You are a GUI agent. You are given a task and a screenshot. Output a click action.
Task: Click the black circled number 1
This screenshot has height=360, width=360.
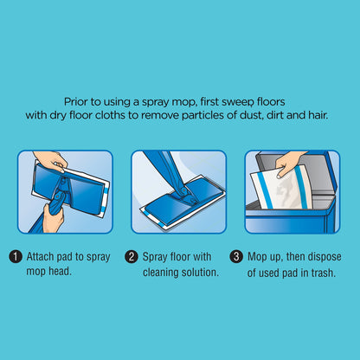[x=16, y=257]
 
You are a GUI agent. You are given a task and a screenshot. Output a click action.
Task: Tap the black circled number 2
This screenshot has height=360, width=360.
[x=132, y=257]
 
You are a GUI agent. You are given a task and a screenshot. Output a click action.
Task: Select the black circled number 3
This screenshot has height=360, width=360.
[x=236, y=257]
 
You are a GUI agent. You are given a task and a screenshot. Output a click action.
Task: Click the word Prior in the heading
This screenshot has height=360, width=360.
[x=74, y=102]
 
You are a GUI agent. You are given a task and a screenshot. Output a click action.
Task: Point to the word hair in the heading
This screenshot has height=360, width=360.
[x=318, y=115]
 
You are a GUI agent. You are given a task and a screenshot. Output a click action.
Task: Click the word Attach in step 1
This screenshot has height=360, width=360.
[x=40, y=257]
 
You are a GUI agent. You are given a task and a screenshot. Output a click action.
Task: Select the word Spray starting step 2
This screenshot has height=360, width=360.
[x=155, y=257]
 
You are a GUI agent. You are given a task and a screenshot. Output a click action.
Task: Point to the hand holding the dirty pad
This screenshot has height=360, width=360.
[x=288, y=163]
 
